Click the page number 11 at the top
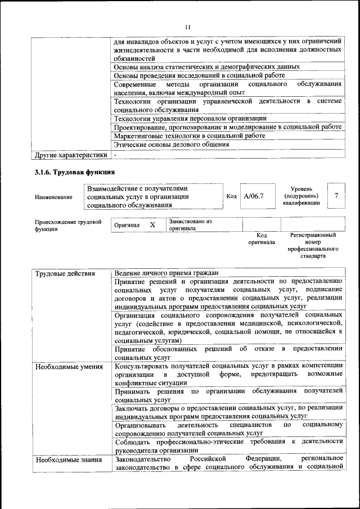pyautogui.click(x=188, y=27)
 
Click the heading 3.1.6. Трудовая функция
pyautogui.click(x=75, y=172)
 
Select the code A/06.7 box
pyautogui.click(x=254, y=197)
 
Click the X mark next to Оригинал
pyautogui.click(x=152, y=225)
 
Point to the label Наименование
pyautogui.click(x=53, y=197)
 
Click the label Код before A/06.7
pyautogui.click(x=231, y=197)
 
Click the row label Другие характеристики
pyautogui.click(x=70, y=154)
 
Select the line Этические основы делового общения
pyautogui.click(x=171, y=145)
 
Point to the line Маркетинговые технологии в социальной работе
pyautogui.click(x=189, y=136)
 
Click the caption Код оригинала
pyautogui.click(x=262, y=239)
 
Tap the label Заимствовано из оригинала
pyautogui.click(x=190, y=225)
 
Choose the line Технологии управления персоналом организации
pyautogui.click(x=190, y=118)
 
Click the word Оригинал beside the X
pyautogui.click(x=127, y=225)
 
